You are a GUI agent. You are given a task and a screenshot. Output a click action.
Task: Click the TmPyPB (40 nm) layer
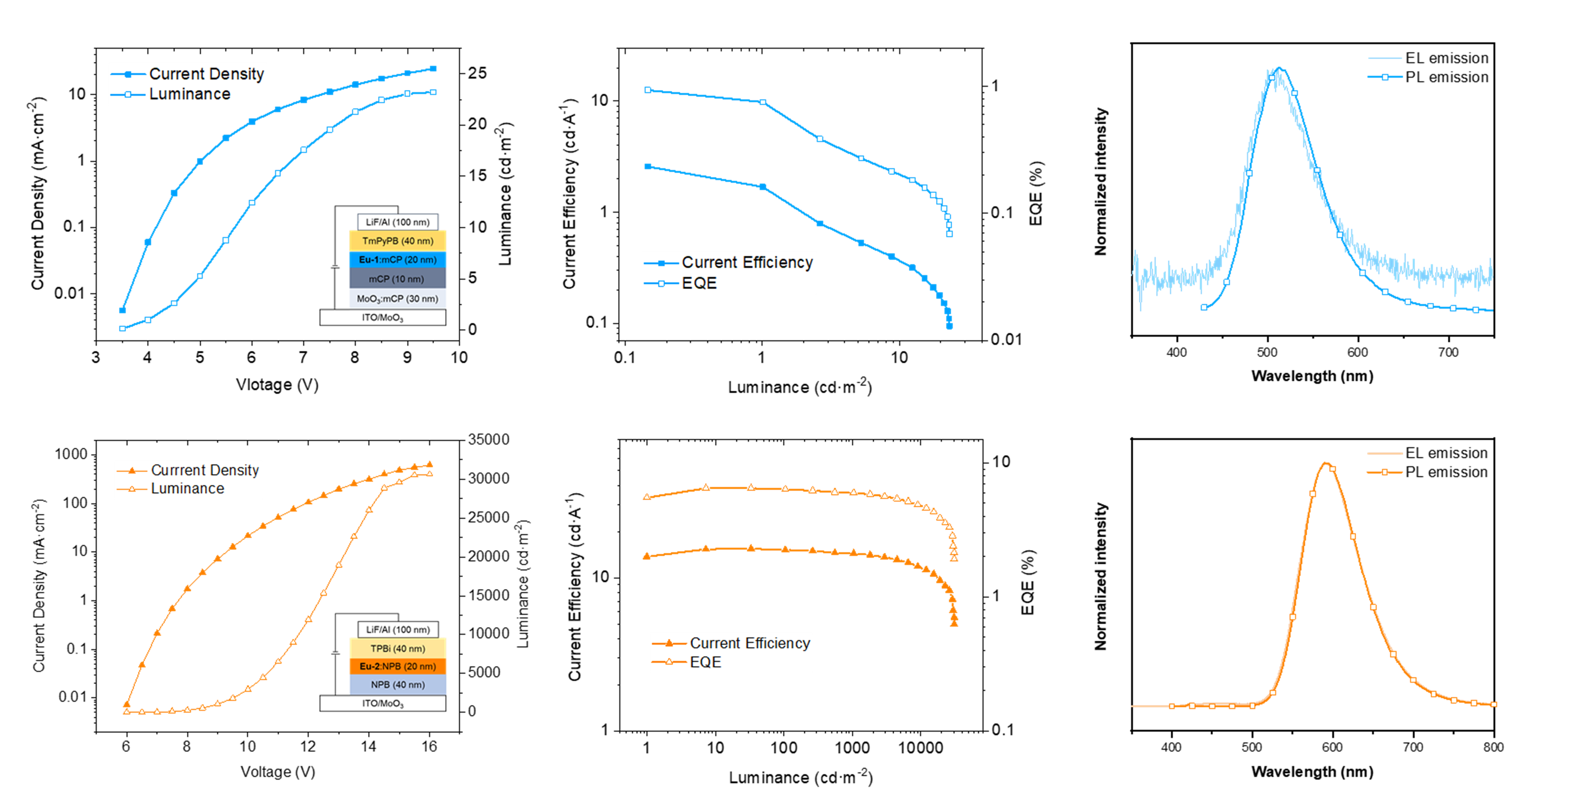coord(397,241)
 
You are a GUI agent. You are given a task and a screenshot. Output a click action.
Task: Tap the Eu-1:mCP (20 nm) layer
coord(397,259)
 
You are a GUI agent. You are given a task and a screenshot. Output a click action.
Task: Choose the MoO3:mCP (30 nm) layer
coord(397,298)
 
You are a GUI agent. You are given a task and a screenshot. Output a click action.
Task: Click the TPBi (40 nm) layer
coord(397,648)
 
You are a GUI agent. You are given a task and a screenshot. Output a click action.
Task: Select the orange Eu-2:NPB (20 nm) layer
coord(397,667)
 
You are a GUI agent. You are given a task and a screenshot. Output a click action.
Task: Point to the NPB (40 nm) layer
coord(397,685)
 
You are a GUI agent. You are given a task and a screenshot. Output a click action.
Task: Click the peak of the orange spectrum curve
coord(1326,463)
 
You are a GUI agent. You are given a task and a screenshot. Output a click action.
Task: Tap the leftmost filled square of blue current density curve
coord(123,310)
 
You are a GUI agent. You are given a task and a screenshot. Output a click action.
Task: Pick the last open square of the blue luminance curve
coord(433,92)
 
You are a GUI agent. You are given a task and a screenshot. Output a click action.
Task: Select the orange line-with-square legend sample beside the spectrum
coord(1385,472)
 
